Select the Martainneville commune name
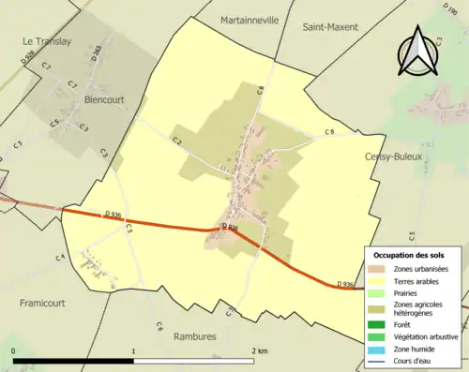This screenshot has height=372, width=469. [250, 20]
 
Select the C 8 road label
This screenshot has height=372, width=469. [329, 132]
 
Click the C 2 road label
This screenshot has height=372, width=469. [175, 141]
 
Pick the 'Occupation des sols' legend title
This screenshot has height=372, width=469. [409, 255]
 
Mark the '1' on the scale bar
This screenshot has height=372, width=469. [134, 351]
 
